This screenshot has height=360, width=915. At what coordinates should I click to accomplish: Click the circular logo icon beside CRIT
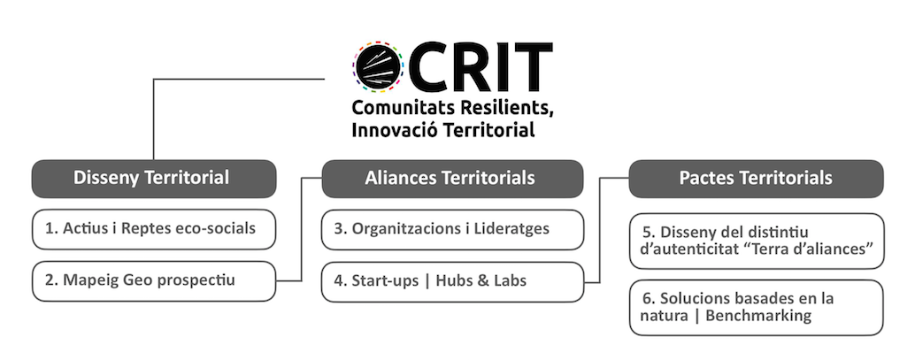tap(378, 66)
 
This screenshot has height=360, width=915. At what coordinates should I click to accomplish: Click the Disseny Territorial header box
tap(153, 179)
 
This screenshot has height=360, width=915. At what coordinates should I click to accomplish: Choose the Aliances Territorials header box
tap(452, 179)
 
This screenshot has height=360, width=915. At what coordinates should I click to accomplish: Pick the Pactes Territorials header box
tap(756, 179)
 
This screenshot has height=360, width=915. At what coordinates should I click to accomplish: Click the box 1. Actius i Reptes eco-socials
tap(153, 229)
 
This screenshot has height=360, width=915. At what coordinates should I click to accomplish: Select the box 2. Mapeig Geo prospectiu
tap(153, 281)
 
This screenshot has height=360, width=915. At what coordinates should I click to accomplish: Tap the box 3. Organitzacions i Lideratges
tap(452, 229)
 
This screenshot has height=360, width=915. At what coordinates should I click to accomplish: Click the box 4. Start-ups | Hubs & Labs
tap(452, 282)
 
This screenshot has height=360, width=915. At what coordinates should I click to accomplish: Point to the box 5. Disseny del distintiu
tap(757, 241)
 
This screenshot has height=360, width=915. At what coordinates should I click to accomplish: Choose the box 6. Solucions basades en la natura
tap(757, 308)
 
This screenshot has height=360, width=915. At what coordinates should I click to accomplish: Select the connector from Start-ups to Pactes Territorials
tap(600, 230)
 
